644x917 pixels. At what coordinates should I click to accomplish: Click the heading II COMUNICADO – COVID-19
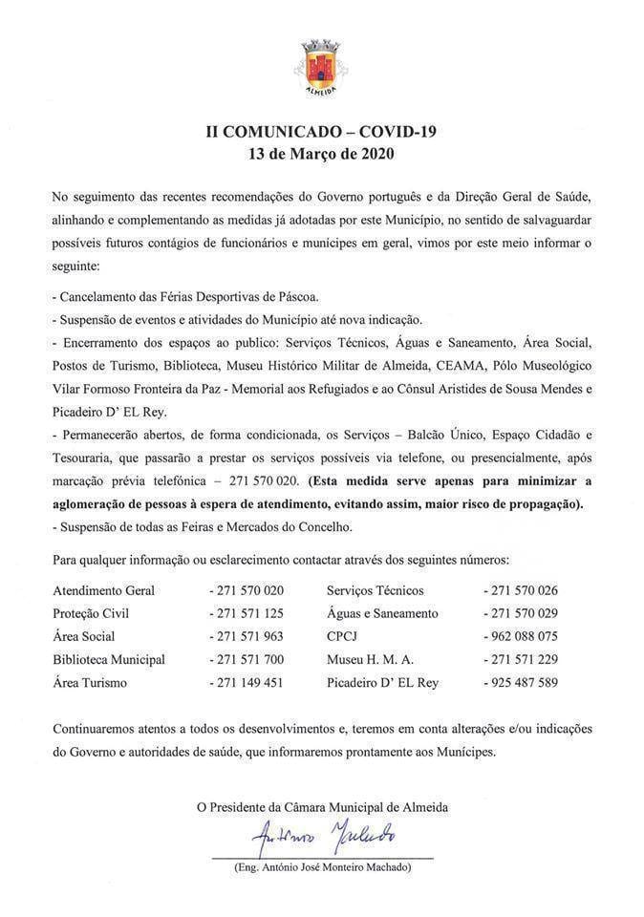pyautogui.click(x=321, y=132)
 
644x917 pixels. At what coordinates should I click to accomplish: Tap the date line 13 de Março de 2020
pyautogui.click(x=321, y=153)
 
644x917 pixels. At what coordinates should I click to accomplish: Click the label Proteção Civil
pyautogui.click(x=91, y=613)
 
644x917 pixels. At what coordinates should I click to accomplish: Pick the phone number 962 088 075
pyautogui.click(x=524, y=636)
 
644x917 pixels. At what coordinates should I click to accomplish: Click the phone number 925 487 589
pyautogui.click(x=524, y=682)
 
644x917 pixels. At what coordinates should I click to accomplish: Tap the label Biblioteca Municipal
pyautogui.click(x=109, y=659)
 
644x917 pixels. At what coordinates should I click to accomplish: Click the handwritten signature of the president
pyautogui.click(x=322, y=839)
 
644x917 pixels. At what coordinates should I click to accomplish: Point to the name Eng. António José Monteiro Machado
pyautogui.click(x=322, y=866)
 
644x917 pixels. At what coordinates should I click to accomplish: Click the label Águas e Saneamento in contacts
pyautogui.click(x=382, y=613)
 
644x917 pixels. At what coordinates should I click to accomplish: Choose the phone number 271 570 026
pyautogui.click(x=524, y=590)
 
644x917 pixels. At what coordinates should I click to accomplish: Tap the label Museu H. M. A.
pyautogui.click(x=370, y=659)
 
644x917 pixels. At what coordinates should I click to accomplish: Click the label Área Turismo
pyautogui.click(x=90, y=682)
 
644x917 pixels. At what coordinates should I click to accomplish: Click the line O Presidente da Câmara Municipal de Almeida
pyautogui.click(x=322, y=807)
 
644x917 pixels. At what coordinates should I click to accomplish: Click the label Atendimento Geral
pyautogui.click(x=103, y=590)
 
